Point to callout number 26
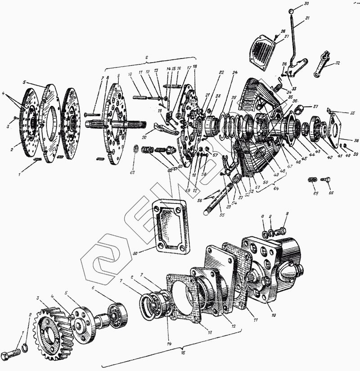[x=283, y=31]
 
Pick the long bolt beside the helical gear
[x=12, y=352]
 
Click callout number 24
[x=235, y=72]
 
